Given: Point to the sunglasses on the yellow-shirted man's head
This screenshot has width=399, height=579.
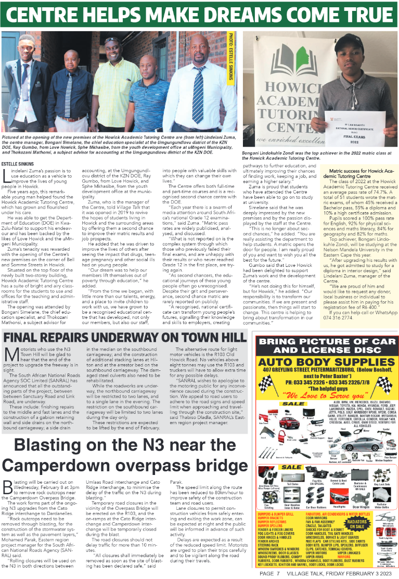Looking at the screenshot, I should pos(111,40).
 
